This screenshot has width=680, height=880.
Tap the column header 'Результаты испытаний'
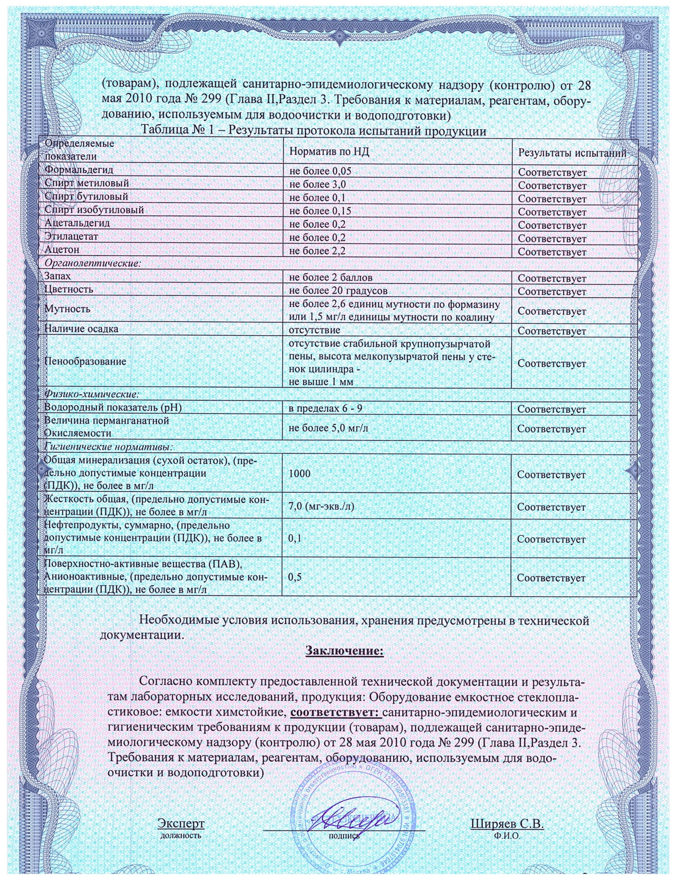tap(572, 153)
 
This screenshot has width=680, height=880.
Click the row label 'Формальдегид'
tap(79, 170)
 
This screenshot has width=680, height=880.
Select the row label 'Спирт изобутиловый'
tap(94, 210)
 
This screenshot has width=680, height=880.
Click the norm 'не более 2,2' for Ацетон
tap(318, 251)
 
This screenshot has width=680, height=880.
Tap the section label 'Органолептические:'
tap(93, 264)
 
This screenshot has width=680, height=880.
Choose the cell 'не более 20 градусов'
tap(338, 290)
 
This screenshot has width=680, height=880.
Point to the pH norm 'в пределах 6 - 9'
tap(326, 408)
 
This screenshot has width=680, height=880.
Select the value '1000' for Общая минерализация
tap(299, 474)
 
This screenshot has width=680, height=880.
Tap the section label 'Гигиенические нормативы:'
tap(108, 447)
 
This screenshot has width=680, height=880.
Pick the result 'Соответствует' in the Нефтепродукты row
tap(551, 540)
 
